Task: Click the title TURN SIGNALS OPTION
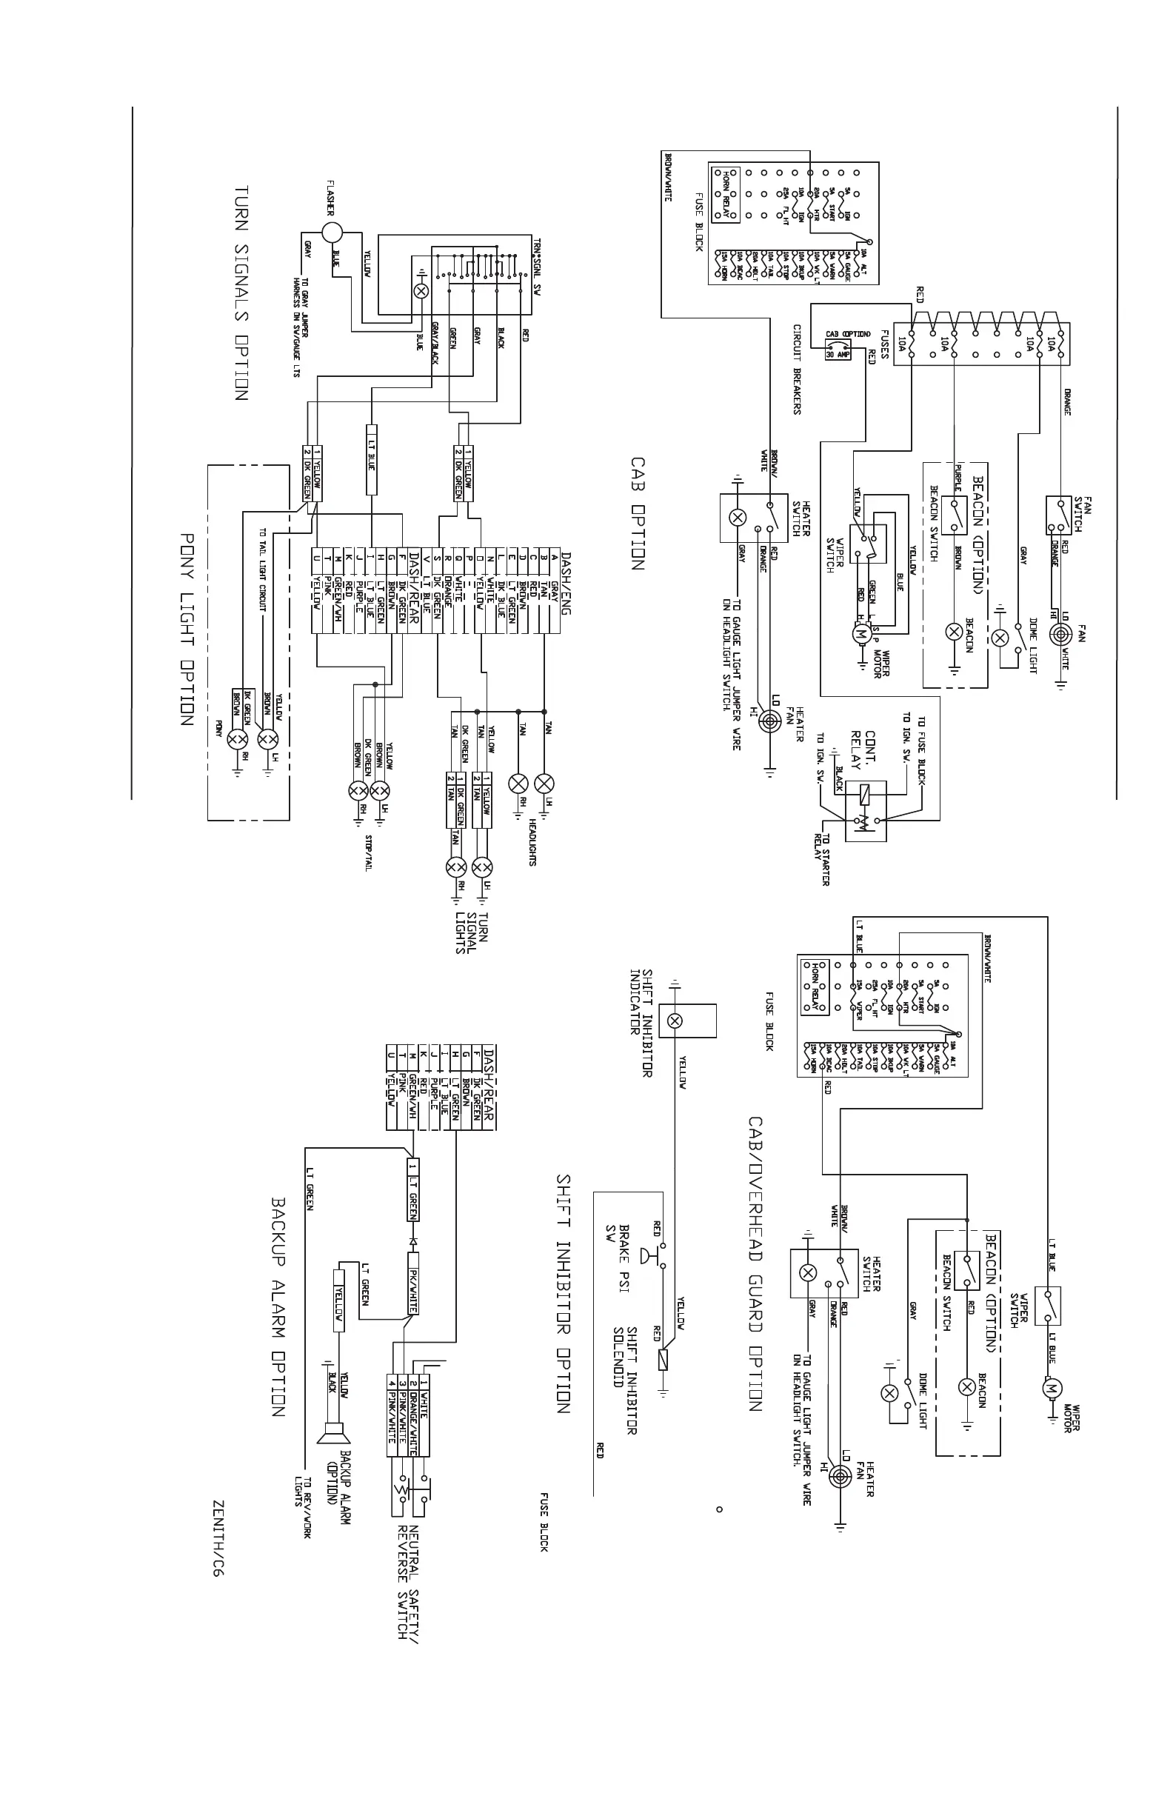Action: click(x=241, y=293)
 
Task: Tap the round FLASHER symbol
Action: click(x=331, y=232)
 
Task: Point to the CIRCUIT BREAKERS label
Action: click(x=797, y=370)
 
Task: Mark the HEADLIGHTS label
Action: click(x=532, y=842)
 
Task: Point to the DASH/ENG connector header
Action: click(x=566, y=572)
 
